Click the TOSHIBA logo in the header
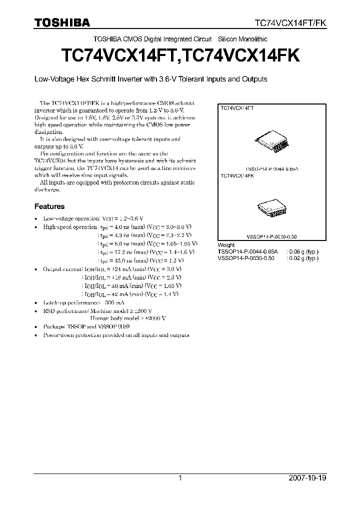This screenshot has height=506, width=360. click(x=62, y=22)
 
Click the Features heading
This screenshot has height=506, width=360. click(x=49, y=206)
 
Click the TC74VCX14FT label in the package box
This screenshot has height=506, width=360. click(x=237, y=108)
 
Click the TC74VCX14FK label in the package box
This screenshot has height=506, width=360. click(x=237, y=176)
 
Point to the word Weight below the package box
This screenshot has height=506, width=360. click(x=226, y=245)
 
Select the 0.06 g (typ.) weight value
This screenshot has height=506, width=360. click(x=302, y=251)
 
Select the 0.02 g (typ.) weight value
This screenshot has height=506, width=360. click(x=302, y=258)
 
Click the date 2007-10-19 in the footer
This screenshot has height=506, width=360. click(x=307, y=478)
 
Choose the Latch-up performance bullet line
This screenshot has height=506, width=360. click(x=84, y=302)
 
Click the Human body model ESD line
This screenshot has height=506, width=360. click(x=128, y=318)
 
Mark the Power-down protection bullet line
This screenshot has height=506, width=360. click(x=116, y=335)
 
